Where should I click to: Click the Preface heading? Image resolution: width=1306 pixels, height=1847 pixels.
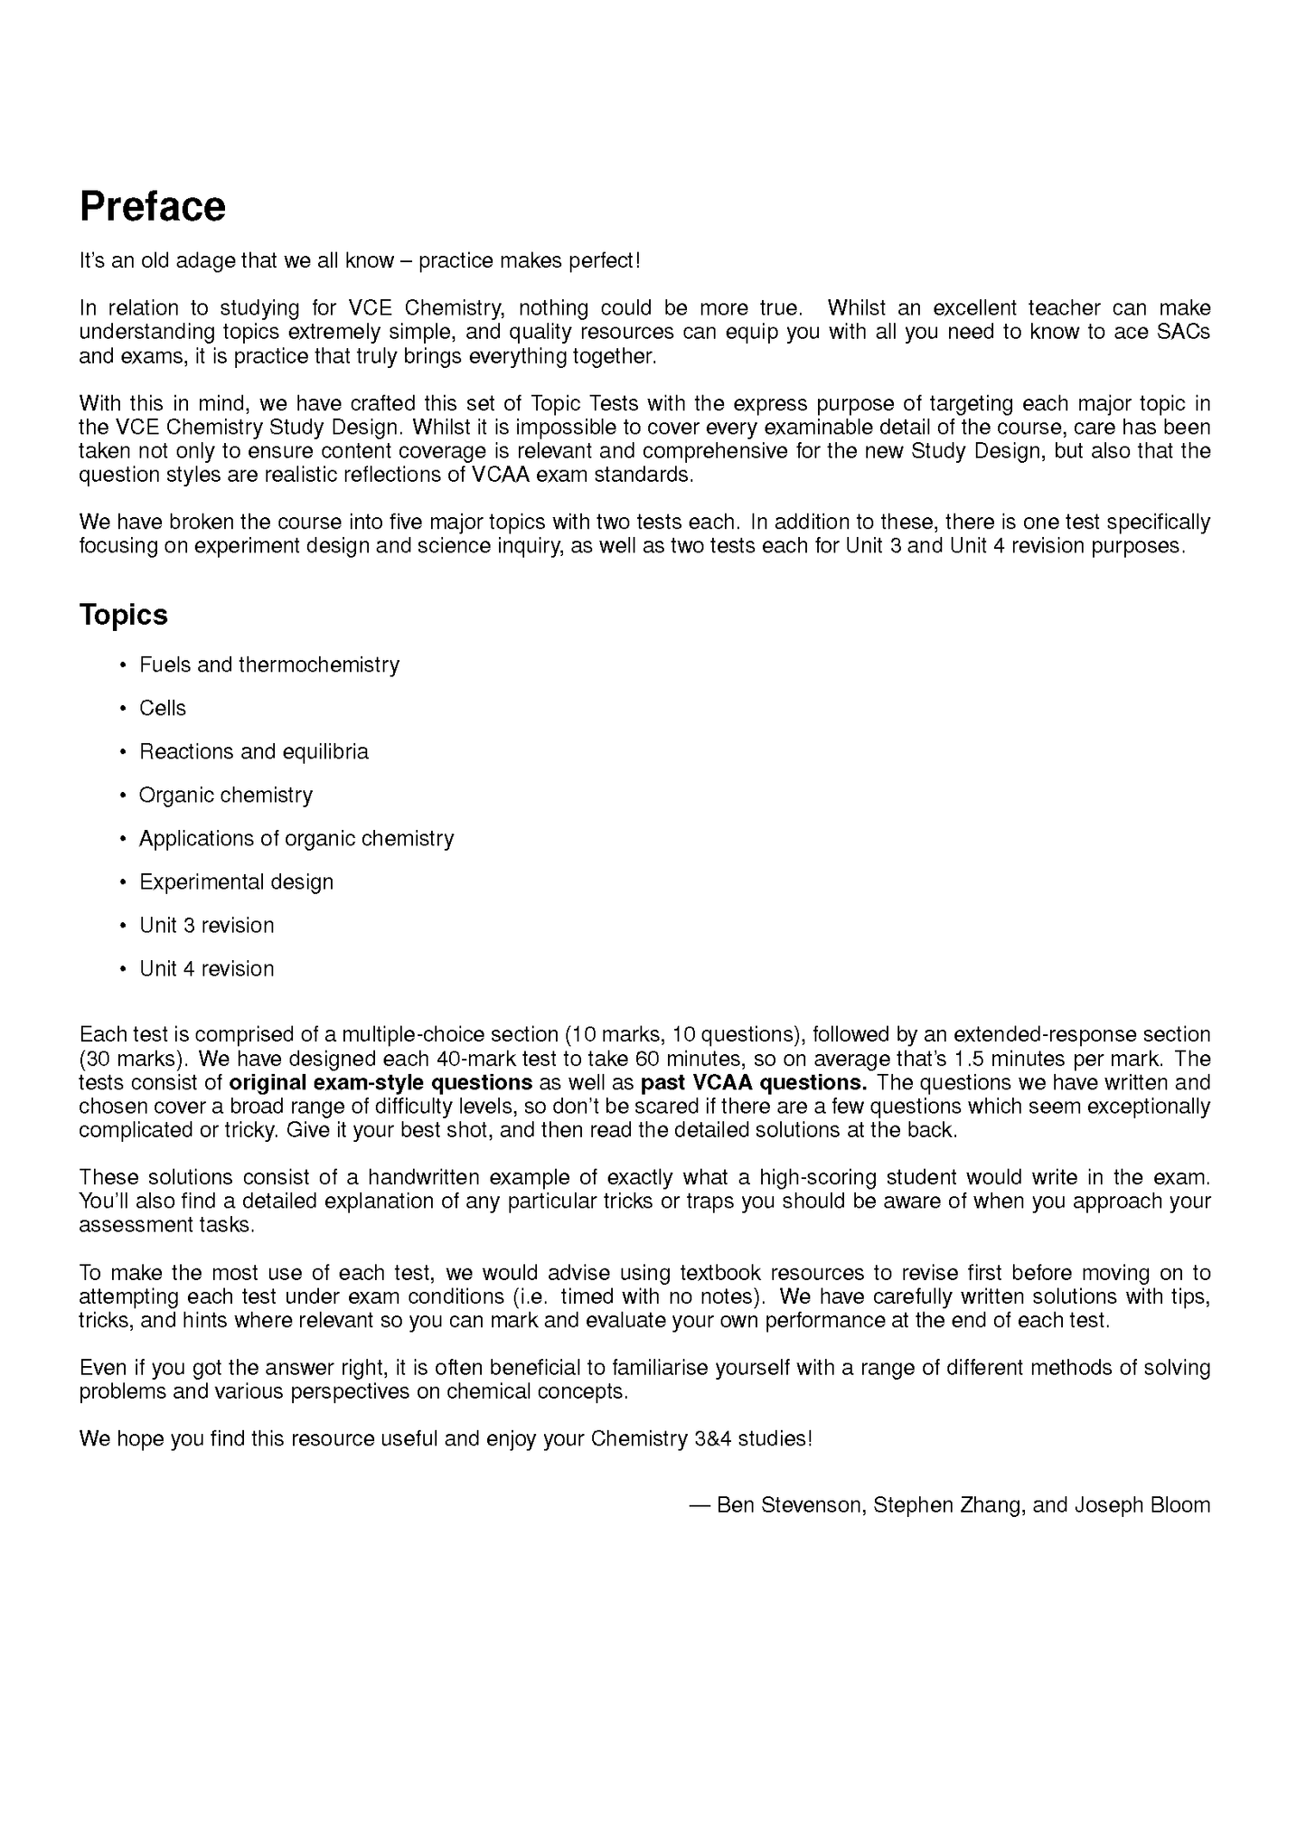tap(152, 207)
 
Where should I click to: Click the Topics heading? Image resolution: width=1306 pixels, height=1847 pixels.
tap(124, 615)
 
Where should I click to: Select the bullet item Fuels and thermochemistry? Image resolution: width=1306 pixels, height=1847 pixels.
tap(268, 665)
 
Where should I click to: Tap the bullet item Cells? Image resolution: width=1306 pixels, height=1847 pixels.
tap(163, 709)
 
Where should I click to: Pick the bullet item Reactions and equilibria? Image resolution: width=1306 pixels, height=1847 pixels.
tap(253, 752)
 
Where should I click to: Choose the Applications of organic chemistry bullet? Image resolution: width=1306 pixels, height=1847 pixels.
tap(296, 839)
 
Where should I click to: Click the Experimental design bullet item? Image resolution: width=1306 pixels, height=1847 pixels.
tap(236, 882)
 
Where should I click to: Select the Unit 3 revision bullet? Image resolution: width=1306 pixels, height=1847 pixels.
tap(206, 926)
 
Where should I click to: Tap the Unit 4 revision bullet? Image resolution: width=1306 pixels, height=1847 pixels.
tap(206, 969)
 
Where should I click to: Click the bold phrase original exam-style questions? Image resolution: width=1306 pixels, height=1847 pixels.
tap(381, 1083)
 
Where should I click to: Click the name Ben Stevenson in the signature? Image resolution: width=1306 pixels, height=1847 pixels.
tap(789, 1505)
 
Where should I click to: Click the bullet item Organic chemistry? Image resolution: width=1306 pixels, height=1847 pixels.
tap(225, 796)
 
